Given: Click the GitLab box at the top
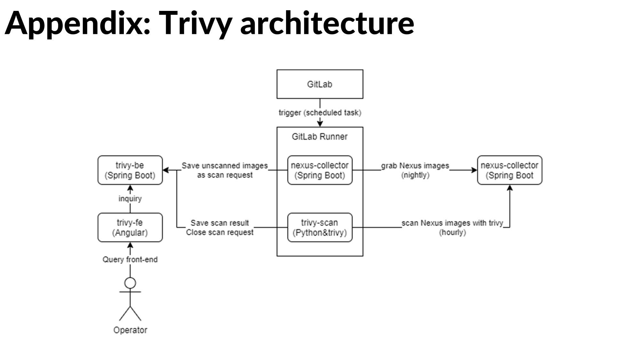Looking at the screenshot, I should click(320, 84).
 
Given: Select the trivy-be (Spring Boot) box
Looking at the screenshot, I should click(130, 170).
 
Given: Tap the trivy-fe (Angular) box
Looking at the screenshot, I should click(130, 228).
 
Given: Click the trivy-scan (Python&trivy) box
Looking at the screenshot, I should click(320, 228).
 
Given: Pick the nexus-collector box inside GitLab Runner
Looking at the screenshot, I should click(320, 170).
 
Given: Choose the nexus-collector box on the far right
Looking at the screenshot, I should click(509, 170).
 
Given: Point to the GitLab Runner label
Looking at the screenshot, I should click(319, 137).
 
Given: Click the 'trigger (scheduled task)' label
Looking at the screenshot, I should click(320, 113).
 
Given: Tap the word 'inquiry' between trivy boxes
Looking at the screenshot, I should click(130, 199).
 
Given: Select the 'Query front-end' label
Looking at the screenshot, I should click(130, 260).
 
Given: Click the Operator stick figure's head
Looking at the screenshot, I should click(130, 283).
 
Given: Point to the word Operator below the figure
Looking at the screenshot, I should click(130, 330).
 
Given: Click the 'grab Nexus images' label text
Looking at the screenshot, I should click(415, 166).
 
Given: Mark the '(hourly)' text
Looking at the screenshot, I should click(452, 232).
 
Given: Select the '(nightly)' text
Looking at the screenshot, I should click(415, 175).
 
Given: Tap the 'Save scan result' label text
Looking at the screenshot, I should click(220, 223).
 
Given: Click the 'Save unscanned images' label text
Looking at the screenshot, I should click(225, 166).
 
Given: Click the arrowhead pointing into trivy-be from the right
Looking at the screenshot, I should click(166, 170).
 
